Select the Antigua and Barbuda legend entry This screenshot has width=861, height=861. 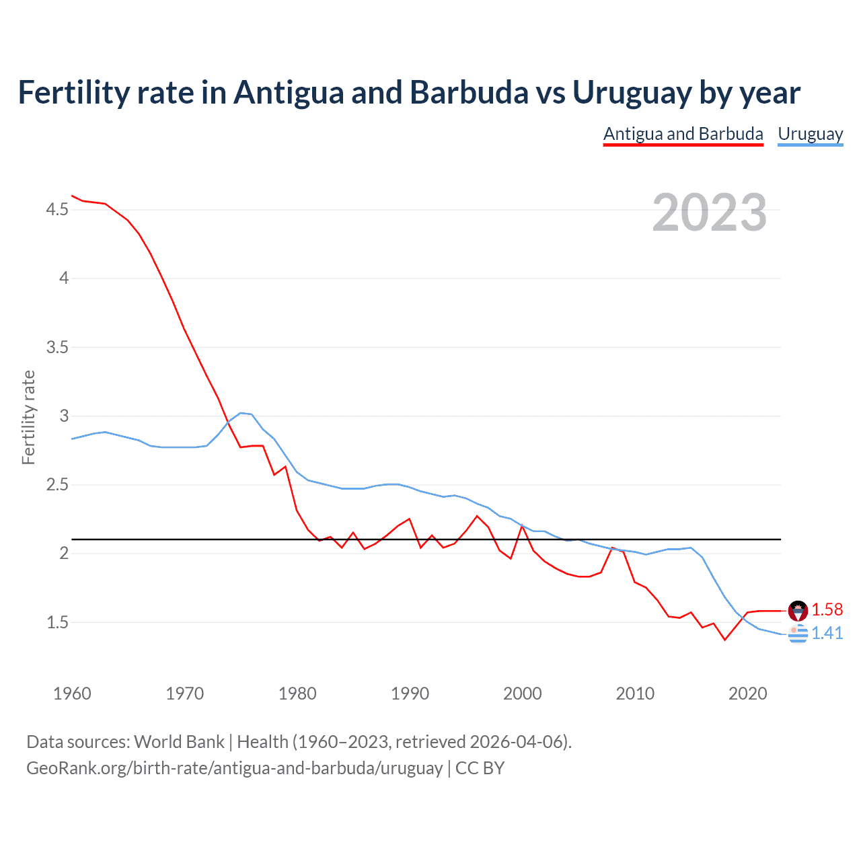(x=683, y=134)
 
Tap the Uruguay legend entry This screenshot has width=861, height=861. (x=810, y=134)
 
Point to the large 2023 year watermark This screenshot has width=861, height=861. (x=709, y=213)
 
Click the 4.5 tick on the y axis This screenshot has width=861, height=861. (x=57, y=210)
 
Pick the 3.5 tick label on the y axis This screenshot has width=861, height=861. (x=57, y=348)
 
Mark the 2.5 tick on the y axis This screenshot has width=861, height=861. (x=57, y=485)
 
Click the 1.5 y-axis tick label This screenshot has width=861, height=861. (x=57, y=623)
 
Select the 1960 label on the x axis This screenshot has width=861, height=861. (x=72, y=694)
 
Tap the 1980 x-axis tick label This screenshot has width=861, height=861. (x=297, y=694)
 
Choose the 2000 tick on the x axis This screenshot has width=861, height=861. (x=522, y=694)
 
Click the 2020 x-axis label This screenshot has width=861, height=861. (x=747, y=694)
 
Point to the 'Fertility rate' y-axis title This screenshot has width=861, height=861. (x=28, y=417)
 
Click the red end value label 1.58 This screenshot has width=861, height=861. (x=827, y=610)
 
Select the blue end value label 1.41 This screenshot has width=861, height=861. (x=827, y=634)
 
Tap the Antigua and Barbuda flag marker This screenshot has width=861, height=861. (x=798, y=611)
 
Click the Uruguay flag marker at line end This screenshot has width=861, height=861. (x=798, y=634)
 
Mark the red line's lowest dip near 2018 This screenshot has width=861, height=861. (x=724, y=640)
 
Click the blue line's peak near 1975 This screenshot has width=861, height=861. (x=241, y=413)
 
